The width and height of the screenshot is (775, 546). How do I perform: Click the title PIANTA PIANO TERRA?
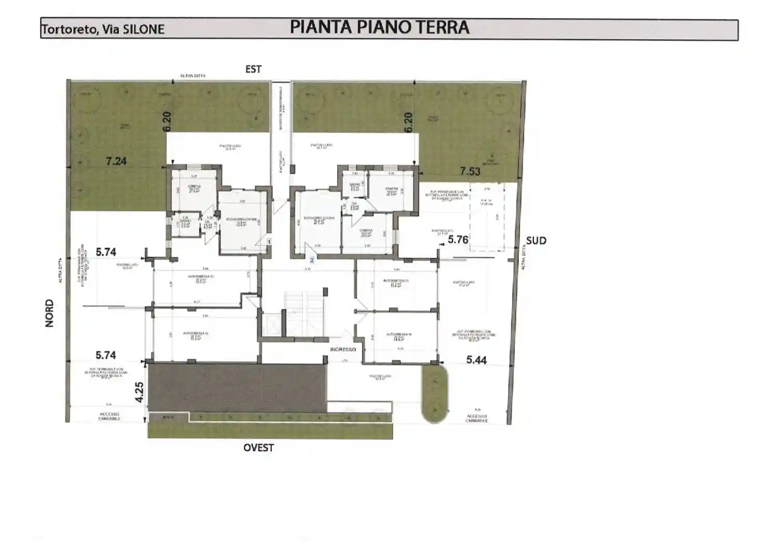[379, 28]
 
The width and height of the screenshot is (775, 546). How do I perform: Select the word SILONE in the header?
[144, 30]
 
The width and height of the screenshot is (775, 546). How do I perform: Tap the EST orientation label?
[253, 69]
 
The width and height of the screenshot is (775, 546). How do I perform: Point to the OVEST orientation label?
[259, 448]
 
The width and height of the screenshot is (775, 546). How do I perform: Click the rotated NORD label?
[50, 313]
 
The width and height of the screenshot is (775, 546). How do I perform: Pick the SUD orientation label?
[536, 241]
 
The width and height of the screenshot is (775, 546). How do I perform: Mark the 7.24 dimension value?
[116, 161]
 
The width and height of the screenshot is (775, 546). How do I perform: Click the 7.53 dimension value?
[470, 171]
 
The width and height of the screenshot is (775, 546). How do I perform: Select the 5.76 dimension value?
[458, 240]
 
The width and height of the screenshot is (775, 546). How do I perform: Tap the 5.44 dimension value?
[476, 360]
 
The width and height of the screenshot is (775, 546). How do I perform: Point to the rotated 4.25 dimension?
[139, 393]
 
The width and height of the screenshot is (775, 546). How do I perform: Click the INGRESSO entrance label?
[343, 349]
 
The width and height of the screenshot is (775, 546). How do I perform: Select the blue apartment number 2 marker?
[312, 259]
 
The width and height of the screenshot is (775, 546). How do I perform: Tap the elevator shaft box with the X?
[272, 326]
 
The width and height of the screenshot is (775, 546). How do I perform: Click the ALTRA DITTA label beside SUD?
[524, 257]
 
